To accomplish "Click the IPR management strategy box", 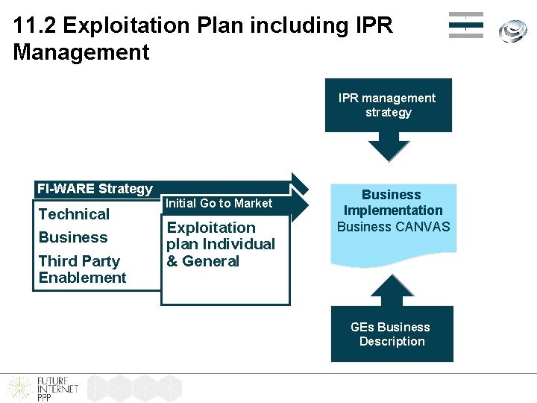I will click(x=388, y=105).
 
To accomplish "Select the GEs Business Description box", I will click(x=392, y=334).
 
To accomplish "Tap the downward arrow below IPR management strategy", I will click(x=389, y=146).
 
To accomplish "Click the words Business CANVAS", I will click(x=394, y=227).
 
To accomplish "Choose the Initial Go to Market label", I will click(x=219, y=203).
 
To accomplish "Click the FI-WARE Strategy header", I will click(x=95, y=189).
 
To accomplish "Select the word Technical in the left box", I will click(x=74, y=214).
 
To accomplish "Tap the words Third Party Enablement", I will click(x=82, y=269).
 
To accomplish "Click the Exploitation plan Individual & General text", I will click(x=220, y=244).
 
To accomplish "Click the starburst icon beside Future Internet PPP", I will click(x=19, y=388).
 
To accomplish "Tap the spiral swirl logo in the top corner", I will click(x=512, y=29).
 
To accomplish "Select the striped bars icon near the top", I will click(x=465, y=25).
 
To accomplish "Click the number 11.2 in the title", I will click(x=35, y=25).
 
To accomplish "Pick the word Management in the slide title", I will click(x=81, y=52).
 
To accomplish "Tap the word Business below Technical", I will click(x=73, y=237).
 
